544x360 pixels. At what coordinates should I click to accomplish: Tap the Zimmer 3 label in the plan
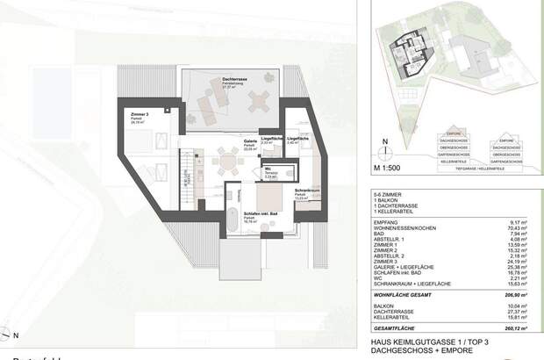[139, 114]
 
